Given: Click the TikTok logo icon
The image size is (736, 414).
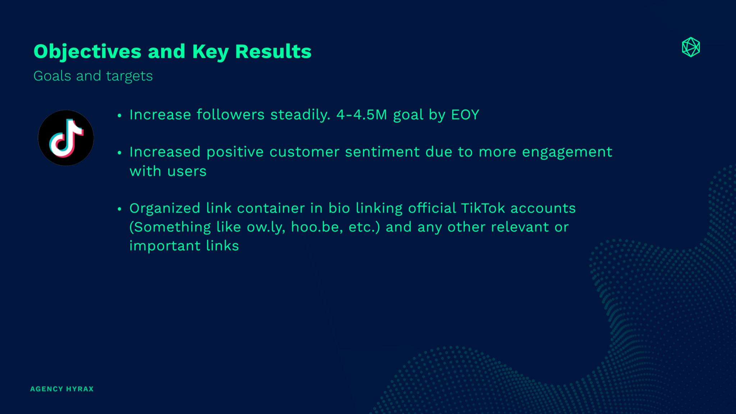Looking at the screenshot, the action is (x=66, y=138).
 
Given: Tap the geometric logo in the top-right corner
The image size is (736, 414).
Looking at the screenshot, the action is (x=691, y=47).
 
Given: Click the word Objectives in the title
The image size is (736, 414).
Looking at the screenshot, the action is (x=87, y=52).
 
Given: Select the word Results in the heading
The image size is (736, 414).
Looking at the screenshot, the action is (x=273, y=51).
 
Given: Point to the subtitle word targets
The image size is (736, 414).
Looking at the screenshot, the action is (x=129, y=76).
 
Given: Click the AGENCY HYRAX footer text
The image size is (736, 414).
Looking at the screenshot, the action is (x=62, y=389).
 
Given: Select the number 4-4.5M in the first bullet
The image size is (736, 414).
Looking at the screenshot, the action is (x=362, y=115).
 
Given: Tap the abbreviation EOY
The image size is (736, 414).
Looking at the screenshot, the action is (x=465, y=115).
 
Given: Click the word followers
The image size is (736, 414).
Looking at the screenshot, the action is (x=230, y=115).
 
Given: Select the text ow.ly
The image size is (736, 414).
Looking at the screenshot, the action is (x=266, y=227).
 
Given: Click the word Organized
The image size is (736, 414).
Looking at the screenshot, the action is (x=165, y=209).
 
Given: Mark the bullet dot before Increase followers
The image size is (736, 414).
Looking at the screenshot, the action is (x=120, y=116).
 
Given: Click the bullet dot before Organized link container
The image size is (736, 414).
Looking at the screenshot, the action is (x=120, y=209).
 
